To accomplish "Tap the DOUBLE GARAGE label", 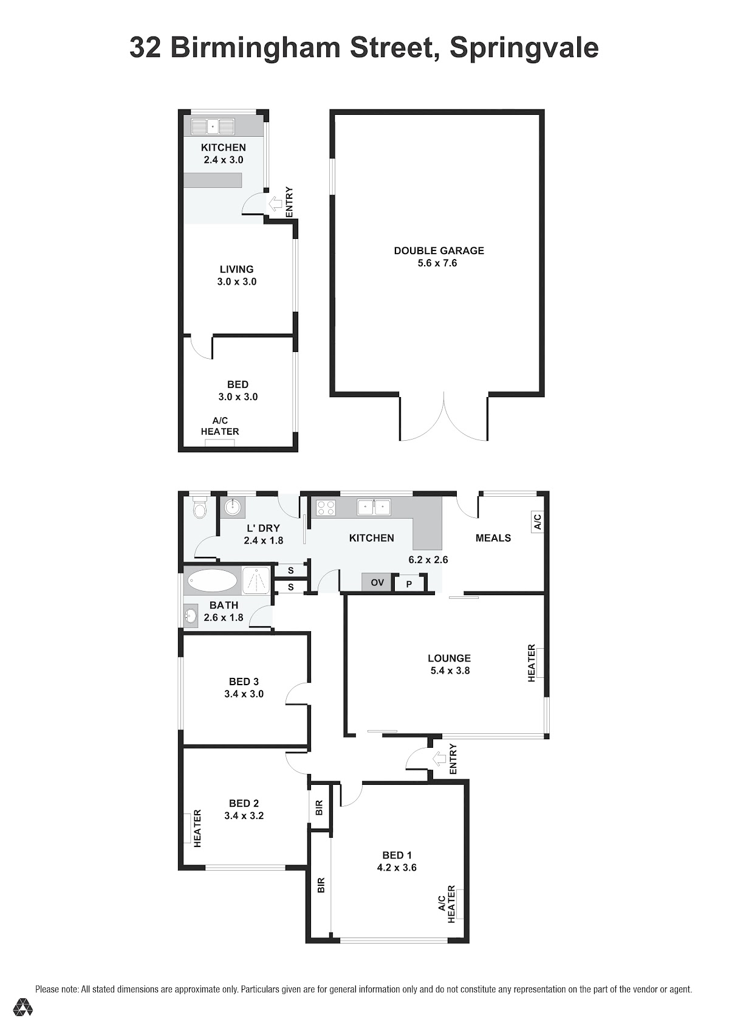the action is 439,250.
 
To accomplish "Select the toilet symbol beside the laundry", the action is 200,508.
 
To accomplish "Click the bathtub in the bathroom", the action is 212,580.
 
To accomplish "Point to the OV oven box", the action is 377,582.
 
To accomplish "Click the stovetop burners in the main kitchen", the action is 325,508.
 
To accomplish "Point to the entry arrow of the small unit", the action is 275,202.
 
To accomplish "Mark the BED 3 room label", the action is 244,682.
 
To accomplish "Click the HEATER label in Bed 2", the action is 197,828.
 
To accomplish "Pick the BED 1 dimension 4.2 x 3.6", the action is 397,868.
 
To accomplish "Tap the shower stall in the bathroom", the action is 257,580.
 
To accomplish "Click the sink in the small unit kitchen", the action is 213,126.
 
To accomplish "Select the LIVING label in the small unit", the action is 237,269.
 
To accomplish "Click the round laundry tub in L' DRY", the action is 232,508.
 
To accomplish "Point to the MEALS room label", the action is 493,538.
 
